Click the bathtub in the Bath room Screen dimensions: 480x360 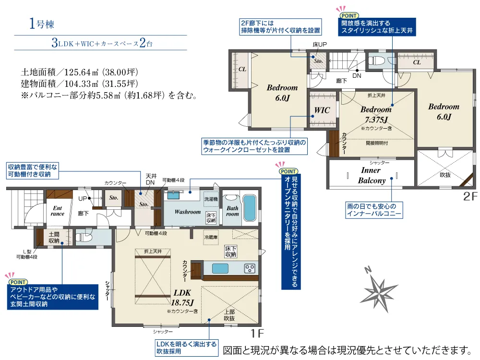tap(250, 208)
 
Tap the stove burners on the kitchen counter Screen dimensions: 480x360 tap(250, 268)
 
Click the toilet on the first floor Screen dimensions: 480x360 tap(84, 237)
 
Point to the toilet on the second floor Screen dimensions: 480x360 tap(376, 61)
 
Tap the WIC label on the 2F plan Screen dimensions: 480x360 tap(322, 110)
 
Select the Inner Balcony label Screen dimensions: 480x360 tap(372, 175)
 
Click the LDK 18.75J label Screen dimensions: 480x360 tap(182, 298)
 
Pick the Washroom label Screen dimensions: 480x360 tap(188, 212)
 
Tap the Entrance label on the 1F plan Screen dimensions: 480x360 tap(58, 211)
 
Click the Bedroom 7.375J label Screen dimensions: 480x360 tap(376, 115)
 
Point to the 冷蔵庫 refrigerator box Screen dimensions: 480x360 tap(211, 237)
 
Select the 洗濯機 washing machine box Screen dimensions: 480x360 tap(211, 199)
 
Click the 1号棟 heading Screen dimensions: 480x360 tap(42, 24)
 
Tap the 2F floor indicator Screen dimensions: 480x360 tap(470, 196)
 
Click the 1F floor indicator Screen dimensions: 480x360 tap(257, 334)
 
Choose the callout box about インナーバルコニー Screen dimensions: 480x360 tap(374, 210)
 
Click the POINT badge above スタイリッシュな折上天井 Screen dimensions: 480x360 tap(349, 16)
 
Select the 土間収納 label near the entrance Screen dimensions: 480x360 tap(54, 238)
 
